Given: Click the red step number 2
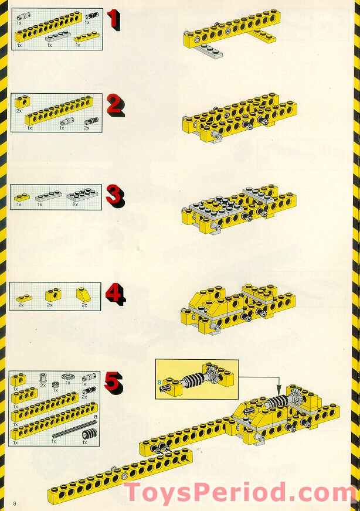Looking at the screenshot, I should click(x=115, y=105).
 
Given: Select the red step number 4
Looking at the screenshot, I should click(x=115, y=292).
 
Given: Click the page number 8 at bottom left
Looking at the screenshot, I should click(x=13, y=502).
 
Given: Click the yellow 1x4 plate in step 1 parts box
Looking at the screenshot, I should click(x=84, y=38).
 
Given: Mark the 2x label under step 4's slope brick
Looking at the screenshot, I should click(x=84, y=305).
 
